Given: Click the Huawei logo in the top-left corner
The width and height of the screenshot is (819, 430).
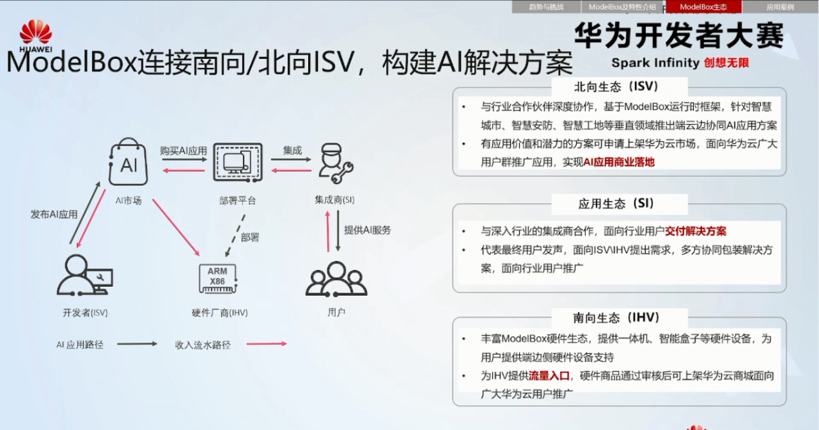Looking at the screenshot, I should point(36,36).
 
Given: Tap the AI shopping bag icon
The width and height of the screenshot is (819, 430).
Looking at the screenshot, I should point(129,163).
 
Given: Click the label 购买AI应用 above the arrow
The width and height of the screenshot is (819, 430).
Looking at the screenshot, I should point(183,150).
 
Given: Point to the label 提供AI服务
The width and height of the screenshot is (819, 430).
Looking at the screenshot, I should point(367,230).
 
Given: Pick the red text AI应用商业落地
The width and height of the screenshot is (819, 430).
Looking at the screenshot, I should point(619,162).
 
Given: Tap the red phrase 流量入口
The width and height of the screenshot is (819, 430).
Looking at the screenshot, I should point(549,376).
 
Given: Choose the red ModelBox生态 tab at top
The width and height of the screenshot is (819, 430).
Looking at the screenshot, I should point(703,7).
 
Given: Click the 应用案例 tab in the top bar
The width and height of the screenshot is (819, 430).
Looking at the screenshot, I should point(780,7).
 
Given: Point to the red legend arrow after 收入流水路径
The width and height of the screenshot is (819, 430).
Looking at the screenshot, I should point(266,344).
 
